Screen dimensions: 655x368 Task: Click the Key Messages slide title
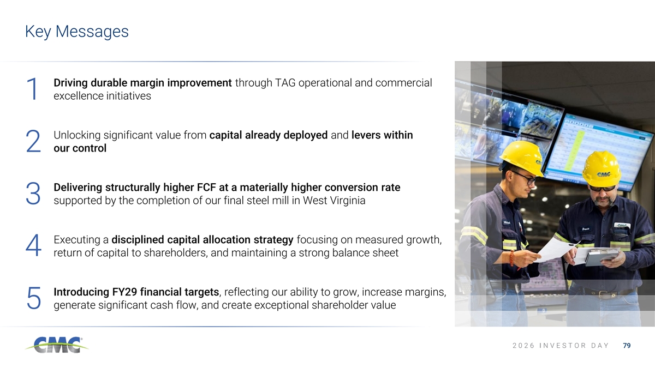pyautogui.click(x=76, y=32)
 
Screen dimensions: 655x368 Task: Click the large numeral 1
pyautogui.click(x=33, y=89)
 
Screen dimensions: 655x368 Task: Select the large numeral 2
pyautogui.click(x=33, y=141)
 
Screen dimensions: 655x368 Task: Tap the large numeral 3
pyautogui.click(x=33, y=194)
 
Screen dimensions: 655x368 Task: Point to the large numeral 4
pyautogui.click(x=33, y=246)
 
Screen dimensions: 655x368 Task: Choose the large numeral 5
pyautogui.click(x=34, y=298)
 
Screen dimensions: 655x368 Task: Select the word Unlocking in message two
pyautogui.click(x=77, y=136)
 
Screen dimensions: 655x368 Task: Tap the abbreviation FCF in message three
pyautogui.click(x=206, y=188)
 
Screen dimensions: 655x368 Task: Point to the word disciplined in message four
pyautogui.click(x=138, y=240)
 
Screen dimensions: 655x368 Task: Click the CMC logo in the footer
pyautogui.click(x=57, y=345)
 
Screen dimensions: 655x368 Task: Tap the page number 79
pyautogui.click(x=627, y=346)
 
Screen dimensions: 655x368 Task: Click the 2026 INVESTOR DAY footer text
pyautogui.click(x=561, y=346)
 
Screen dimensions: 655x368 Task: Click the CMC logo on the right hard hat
pyautogui.click(x=604, y=174)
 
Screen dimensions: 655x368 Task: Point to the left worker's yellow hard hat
pyautogui.click(x=522, y=158)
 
